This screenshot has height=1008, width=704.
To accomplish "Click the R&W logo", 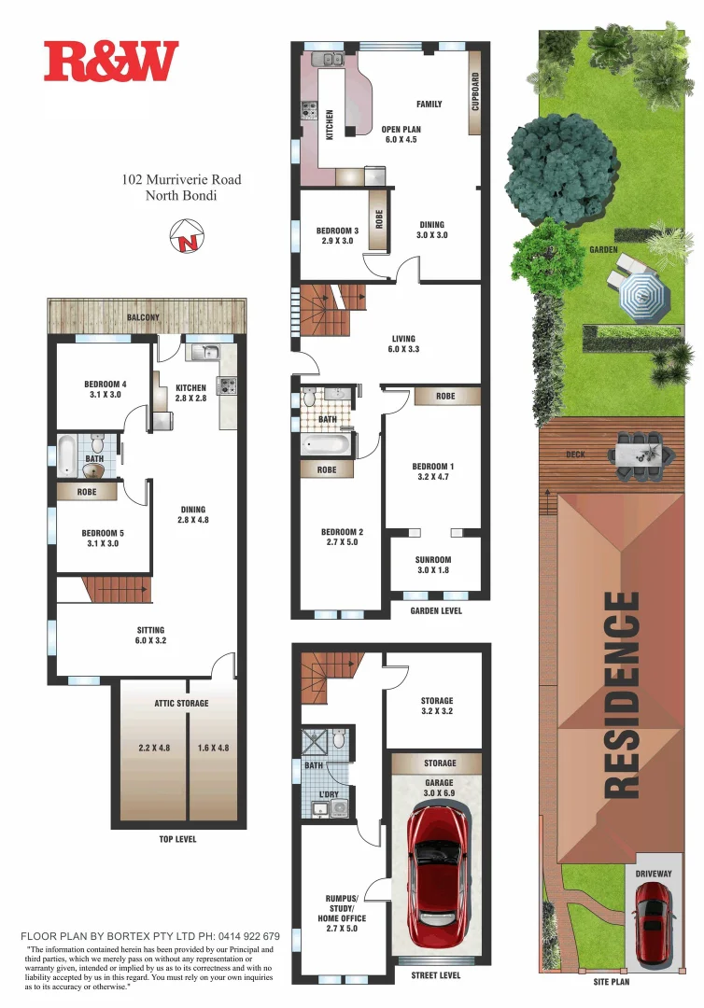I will pyautogui.click(x=111, y=61).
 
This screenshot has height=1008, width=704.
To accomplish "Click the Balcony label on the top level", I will pyautogui.click(x=143, y=318).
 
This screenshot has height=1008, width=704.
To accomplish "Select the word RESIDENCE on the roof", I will pyautogui.click(x=624, y=694).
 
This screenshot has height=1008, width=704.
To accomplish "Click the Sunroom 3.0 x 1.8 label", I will pyautogui.click(x=433, y=566).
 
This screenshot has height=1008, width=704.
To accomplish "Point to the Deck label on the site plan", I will pyautogui.click(x=575, y=455).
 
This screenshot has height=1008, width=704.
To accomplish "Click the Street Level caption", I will pyautogui.click(x=436, y=975).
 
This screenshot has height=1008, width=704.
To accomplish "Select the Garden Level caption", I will pyautogui.click(x=436, y=611).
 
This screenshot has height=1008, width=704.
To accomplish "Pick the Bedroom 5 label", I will pyautogui.click(x=103, y=539).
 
